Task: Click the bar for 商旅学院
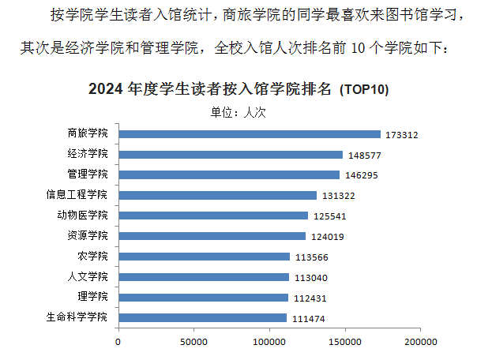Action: coord(249,134)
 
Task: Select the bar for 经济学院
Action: coord(231,155)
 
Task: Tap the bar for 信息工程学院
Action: coord(217,195)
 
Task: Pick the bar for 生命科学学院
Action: coord(202,317)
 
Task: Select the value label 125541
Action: coord(329,216)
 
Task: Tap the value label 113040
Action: coord(310,278)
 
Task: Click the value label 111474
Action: coord(308,319)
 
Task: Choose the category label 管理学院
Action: coord(88,174)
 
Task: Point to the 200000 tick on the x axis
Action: coord(419,342)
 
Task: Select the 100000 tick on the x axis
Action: coord(269,342)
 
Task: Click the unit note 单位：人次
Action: coord(238,112)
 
